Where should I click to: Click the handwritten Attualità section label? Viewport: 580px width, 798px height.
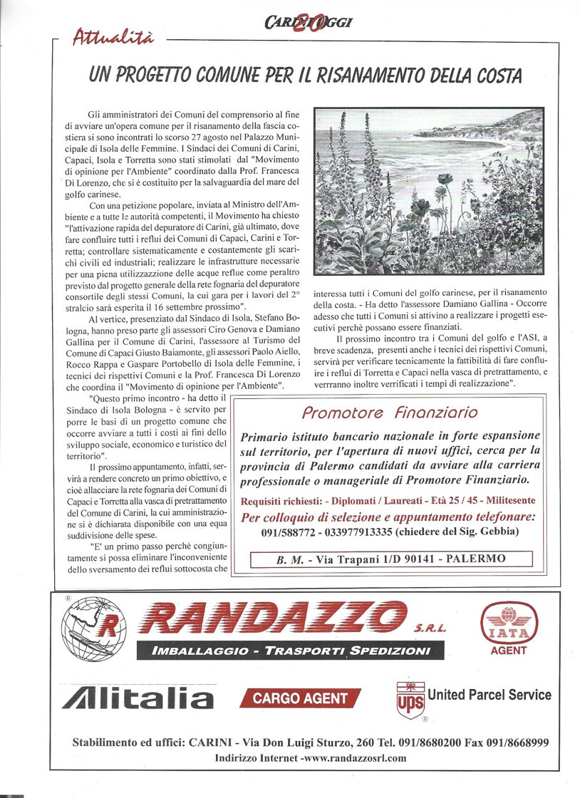(x=113, y=37)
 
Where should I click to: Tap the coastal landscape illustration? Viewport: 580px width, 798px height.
(x=429, y=190)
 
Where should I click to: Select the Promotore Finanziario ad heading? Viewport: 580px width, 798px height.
(x=390, y=413)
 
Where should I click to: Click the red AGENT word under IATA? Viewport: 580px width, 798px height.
(x=509, y=651)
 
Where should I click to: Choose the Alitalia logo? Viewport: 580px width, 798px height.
(x=138, y=698)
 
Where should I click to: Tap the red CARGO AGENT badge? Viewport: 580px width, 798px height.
(x=300, y=698)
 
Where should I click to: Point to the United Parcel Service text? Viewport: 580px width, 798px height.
(x=489, y=694)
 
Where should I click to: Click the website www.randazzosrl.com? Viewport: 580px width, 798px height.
(x=354, y=758)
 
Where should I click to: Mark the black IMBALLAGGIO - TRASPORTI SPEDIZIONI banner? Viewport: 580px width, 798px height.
(x=290, y=651)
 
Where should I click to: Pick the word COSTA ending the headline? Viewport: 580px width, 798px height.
(x=494, y=75)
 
